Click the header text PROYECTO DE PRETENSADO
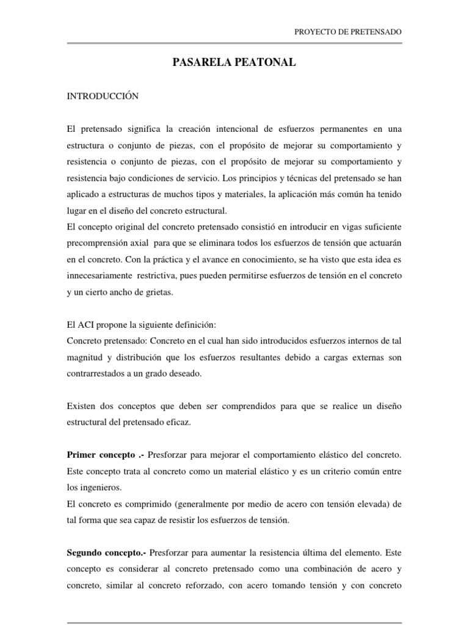coord(349,32)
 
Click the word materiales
coord(235,194)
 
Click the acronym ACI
coord(90,324)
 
